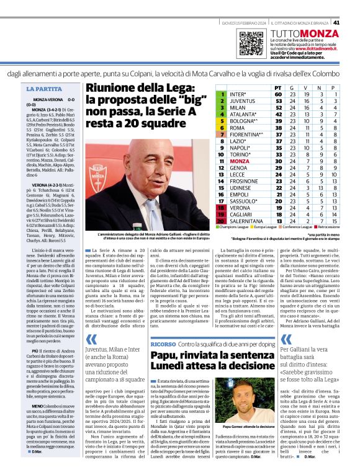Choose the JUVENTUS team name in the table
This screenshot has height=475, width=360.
click(243, 100)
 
